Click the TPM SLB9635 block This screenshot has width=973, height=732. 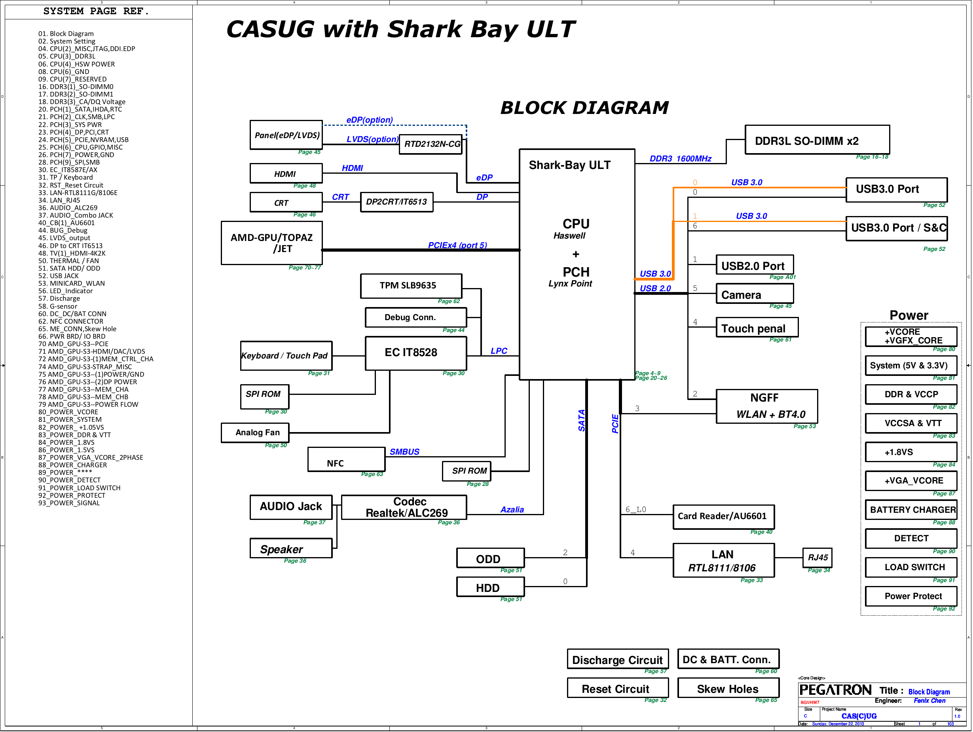pos(411,286)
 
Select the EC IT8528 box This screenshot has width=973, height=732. pos(416,353)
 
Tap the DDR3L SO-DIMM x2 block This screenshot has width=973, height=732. pos(817,140)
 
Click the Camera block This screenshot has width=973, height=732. pos(755,294)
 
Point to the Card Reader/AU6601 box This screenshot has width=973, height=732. pos(723,516)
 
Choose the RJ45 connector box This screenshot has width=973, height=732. pos(817,558)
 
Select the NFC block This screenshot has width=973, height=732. pos(346,459)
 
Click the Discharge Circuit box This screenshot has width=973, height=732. pos(618,658)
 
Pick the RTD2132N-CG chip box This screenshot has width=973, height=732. pos(431,144)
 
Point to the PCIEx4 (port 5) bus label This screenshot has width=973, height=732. pos(457,245)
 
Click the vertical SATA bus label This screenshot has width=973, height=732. pos(581,420)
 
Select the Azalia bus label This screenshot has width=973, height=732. pos(512,509)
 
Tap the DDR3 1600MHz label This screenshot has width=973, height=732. pos(681,158)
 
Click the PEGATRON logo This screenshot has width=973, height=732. pos(835,690)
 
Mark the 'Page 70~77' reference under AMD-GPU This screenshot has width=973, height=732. pos(304,267)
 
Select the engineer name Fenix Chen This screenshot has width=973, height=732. pos(929,701)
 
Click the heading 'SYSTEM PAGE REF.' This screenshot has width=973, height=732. pos(96,11)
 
